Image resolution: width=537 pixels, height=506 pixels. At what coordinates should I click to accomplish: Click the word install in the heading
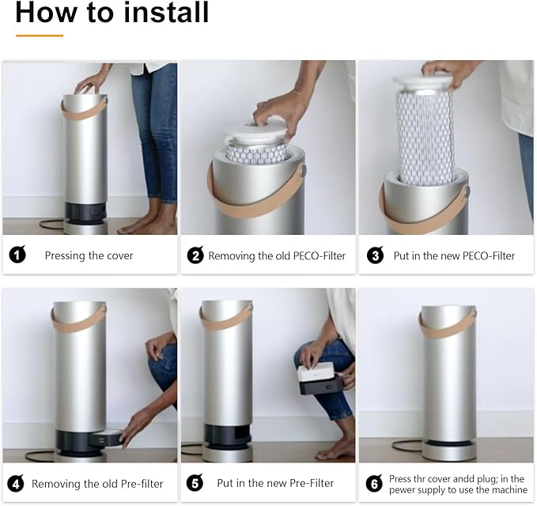click(166, 13)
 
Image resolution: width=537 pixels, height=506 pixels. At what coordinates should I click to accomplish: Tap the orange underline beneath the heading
click(40, 36)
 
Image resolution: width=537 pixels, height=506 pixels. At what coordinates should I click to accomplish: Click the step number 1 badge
click(17, 255)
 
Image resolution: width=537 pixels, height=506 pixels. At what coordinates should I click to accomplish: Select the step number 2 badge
click(195, 255)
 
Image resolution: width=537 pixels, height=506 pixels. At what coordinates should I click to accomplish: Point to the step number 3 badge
click(375, 255)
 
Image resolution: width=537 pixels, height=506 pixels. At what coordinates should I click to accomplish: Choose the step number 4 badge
click(16, 483)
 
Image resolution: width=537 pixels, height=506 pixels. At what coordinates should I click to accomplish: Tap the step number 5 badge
click(195, 483)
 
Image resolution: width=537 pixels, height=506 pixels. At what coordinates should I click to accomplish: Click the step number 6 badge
click(374, 483)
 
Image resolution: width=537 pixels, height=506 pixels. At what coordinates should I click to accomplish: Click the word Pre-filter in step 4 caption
click(142, 484)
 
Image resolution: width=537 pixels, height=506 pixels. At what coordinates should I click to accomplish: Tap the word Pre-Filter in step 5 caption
click(312, 483)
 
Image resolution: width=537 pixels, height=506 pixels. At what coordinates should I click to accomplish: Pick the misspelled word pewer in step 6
click(403, 490)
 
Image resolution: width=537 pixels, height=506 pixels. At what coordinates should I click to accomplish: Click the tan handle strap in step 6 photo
click(446, 326)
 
